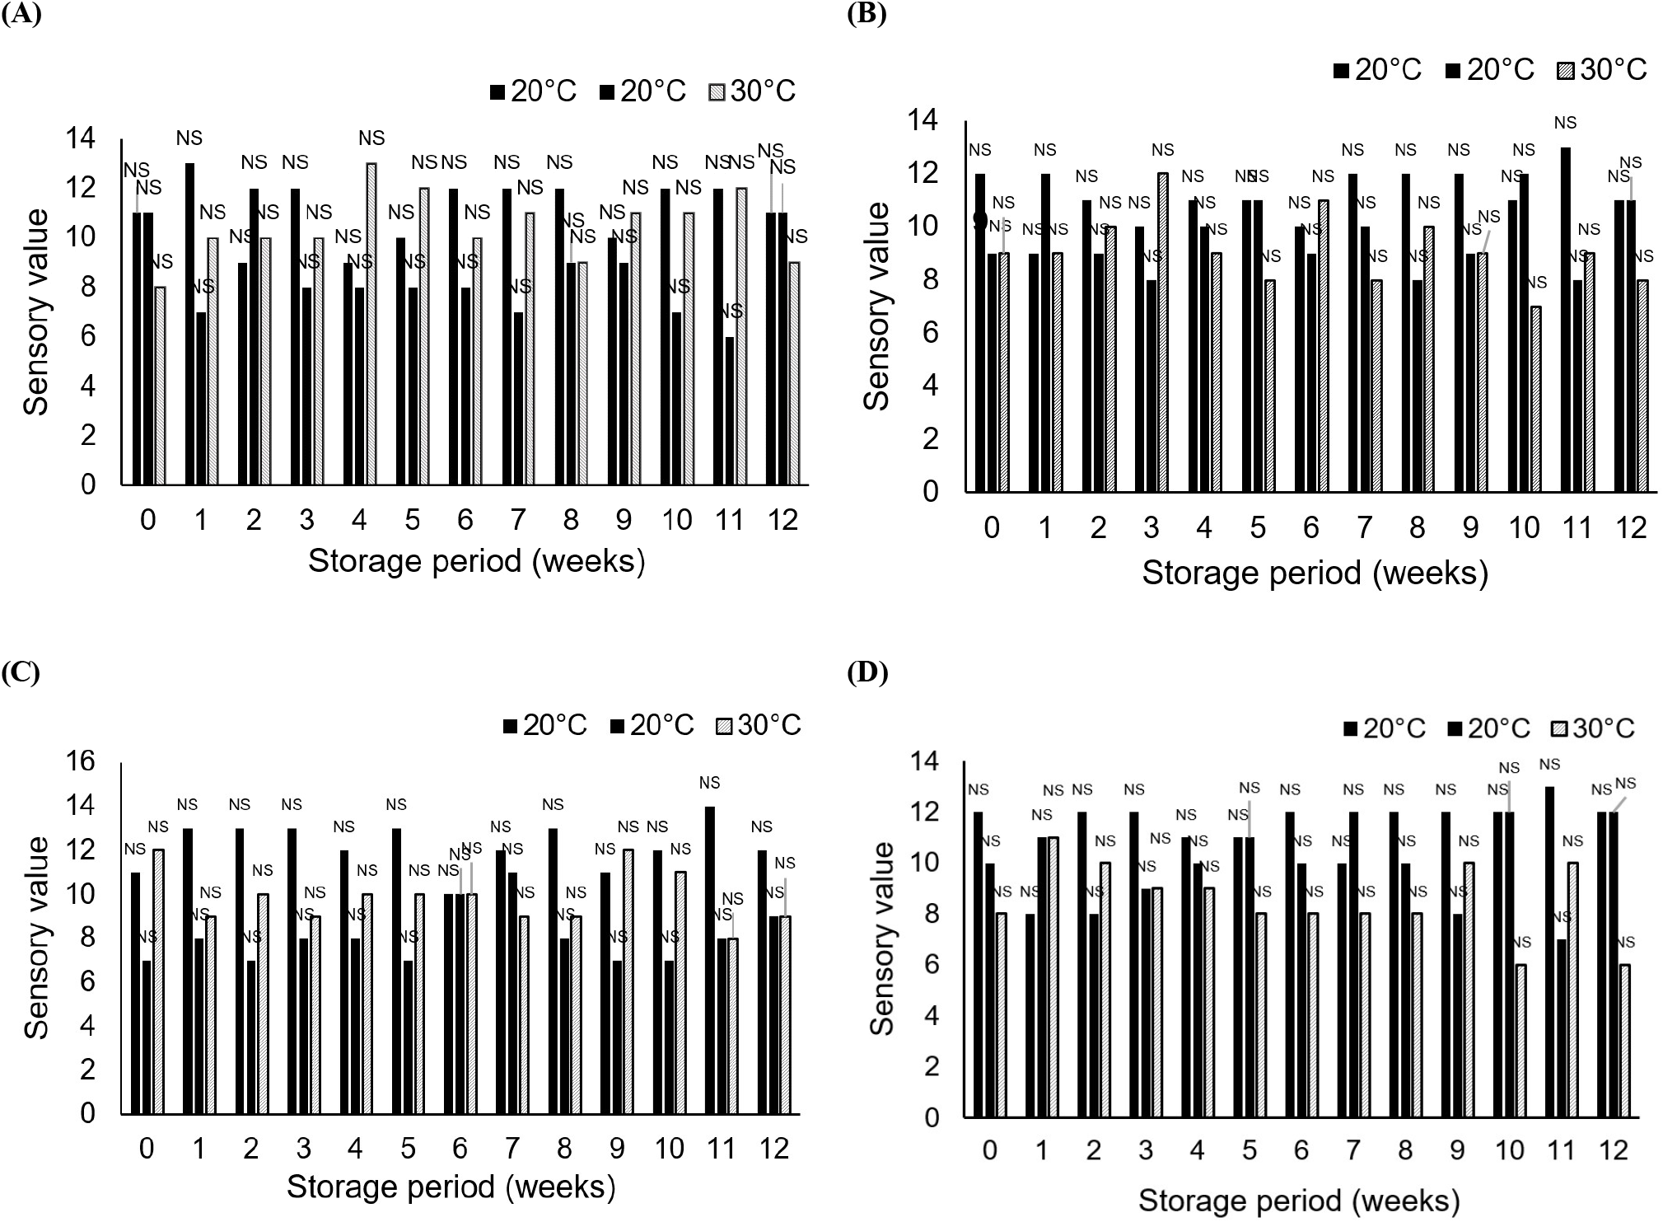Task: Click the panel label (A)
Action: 21,15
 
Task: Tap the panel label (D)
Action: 867,672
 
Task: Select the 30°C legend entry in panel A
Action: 752,91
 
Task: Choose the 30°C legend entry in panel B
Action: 1602,70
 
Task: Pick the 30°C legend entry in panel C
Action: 759,725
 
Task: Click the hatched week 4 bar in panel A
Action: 371,324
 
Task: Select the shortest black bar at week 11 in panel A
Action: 731,410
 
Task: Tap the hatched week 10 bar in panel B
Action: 1535,399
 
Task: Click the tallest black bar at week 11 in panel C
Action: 710,960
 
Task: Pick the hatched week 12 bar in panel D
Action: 1624,1041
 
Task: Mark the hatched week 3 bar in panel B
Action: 1162,332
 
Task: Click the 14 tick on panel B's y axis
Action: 923,121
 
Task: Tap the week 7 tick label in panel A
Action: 518,520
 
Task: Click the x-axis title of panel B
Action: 1315,573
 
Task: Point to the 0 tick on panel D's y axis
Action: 931,1118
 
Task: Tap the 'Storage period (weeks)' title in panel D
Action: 1298,1201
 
